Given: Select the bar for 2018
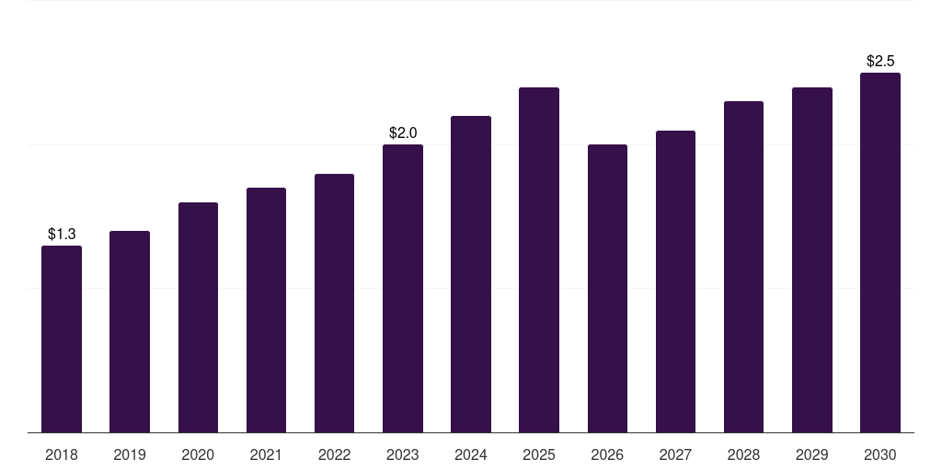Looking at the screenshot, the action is [x=62, y=339].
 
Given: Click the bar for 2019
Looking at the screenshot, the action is [x=129, y=331].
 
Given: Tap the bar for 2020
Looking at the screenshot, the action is [x=198, y=317].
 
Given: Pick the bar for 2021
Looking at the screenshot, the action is [x=266, y=310].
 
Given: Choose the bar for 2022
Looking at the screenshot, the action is [x=334, y=303].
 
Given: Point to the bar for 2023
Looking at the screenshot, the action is [x=403, y=288].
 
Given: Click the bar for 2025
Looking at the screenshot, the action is [x=539, y=259].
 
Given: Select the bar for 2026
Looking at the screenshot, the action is [x=607, y=288].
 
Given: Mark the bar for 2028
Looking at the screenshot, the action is [x=743, y=267].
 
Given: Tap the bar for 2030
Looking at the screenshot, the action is [x=880, y=252].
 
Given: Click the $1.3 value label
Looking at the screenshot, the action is [x=62, y=234].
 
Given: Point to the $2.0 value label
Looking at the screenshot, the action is [x=403, y=132].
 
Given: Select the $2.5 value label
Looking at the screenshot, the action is [x=880, y=61].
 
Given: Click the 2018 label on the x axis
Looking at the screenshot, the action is [x=62, y=454].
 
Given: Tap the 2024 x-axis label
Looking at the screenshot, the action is [x=471, y=454].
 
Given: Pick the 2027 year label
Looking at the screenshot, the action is [x=675, y=454].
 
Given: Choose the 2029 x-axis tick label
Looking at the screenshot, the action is [x=812, y=454].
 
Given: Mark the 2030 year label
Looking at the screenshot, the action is [x=880, y=454].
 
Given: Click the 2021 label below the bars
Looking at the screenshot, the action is [x=266, y=454].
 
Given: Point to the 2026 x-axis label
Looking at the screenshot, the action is [x=607, y=454].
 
